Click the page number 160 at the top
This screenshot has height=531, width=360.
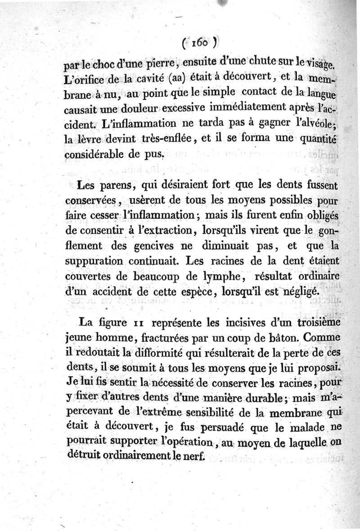coord(198,44)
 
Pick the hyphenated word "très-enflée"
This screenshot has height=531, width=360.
coord(165,138)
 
